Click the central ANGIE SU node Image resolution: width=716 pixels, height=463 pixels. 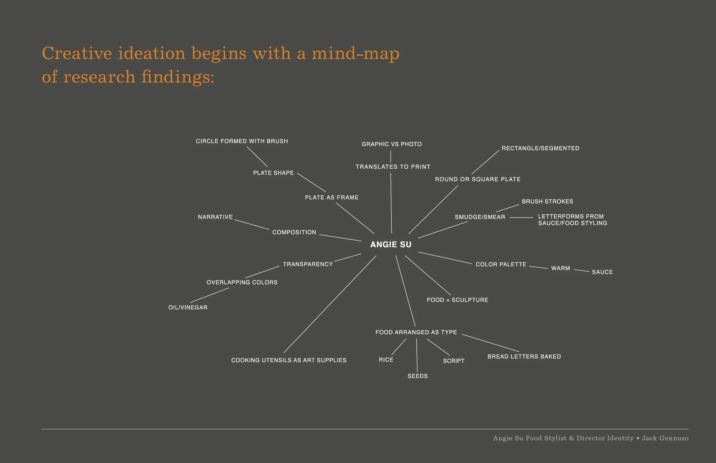click(x=391, y=244)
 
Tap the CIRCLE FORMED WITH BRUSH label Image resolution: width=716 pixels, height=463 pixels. click(x=242, y=141)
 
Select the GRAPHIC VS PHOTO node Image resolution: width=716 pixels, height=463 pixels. click(x=392, y=144)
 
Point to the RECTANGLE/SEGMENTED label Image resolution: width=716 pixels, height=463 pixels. click(x=540, y=148)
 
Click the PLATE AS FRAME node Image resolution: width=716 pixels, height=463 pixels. click(x=332, y=197)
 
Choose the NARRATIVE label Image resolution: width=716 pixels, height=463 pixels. click(x=215, y=217)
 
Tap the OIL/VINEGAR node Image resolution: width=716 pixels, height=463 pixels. click(x=188, y=307)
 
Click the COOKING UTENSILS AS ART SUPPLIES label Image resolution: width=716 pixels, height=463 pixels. click(x=289, y=360)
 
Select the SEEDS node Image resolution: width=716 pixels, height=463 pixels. click(x=418, y=376)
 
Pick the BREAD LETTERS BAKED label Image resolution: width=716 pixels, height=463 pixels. click(x=524, y=357)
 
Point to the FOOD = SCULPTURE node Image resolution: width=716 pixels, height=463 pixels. click(x=457, y=300)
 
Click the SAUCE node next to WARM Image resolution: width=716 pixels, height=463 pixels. click(x=602, y=272)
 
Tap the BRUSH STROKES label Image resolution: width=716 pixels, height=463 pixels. click(x=547, y=201)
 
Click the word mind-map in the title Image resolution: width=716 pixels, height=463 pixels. click(x=355, y=54)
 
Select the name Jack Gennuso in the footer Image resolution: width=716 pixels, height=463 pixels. click(x=665, y=438)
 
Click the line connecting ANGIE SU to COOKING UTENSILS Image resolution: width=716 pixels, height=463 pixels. click(x=330, y=304)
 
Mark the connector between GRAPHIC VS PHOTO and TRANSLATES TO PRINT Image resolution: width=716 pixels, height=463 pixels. click(x=390, y=156)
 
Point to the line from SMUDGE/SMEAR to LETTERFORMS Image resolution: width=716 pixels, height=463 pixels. click(x=521, y=217)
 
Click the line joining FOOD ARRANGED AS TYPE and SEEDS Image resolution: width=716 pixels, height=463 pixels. click(x=417, y=355)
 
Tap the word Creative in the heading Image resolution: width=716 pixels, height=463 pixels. click(x=77, y=54)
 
